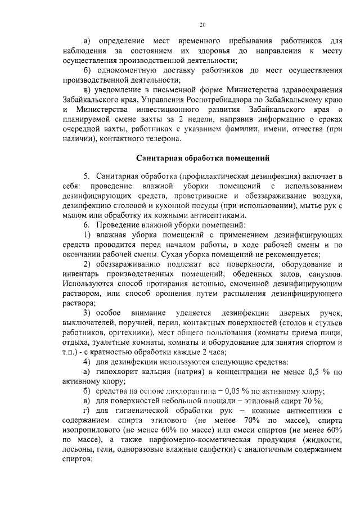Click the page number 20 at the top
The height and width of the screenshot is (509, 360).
coord(202,24)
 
